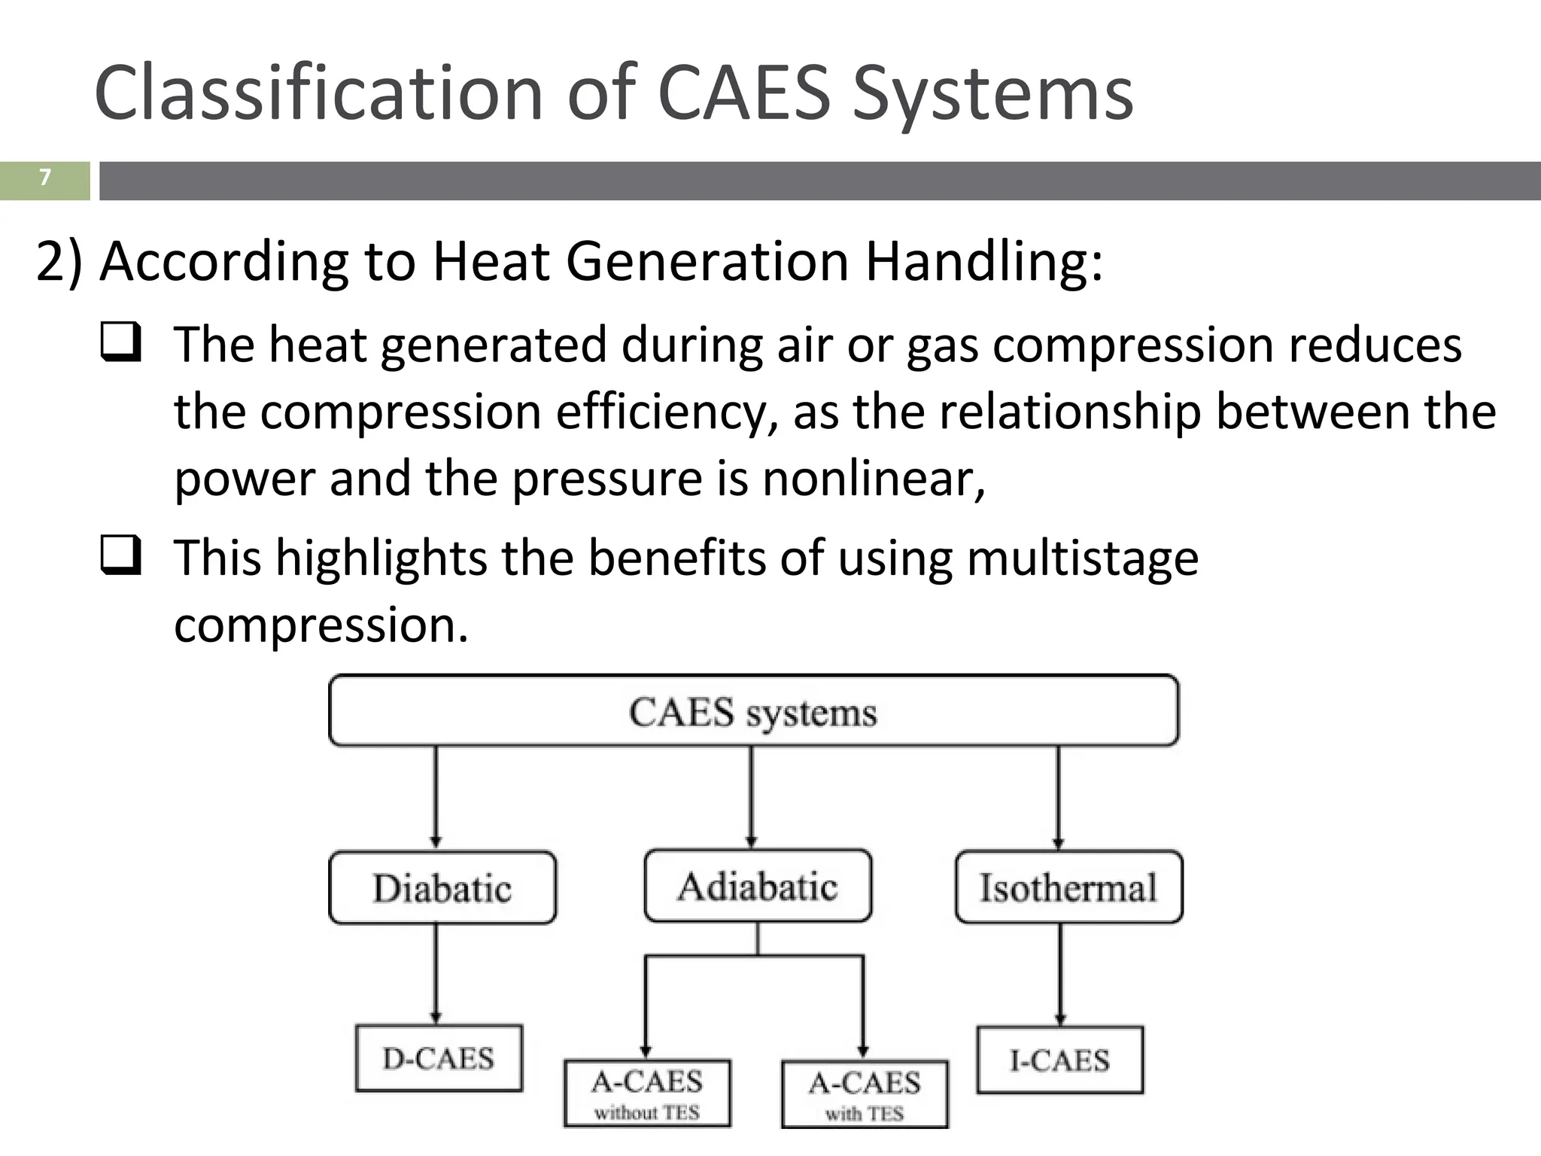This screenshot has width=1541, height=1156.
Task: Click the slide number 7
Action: (x=45, y=178)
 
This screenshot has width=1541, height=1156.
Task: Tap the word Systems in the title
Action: (x=992, y=93)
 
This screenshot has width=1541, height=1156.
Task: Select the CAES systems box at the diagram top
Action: (x=753, y=710)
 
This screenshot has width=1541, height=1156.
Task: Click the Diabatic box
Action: (x=442, y=888)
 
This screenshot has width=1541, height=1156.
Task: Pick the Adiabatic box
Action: (x=758, y=886)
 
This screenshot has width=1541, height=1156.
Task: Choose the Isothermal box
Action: (x=1068, y=887)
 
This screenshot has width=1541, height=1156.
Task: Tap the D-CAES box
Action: (x=439, y=1058)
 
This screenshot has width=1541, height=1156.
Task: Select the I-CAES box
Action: (x=1059, y=1060)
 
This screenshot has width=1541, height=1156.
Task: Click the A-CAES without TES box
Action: (x=647, y=1094)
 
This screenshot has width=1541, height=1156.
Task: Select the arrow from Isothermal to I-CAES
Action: (x=1060, y=972)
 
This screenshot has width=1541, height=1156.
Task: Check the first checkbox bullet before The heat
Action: (x=120, y=342)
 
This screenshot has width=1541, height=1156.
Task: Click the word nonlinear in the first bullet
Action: (x=873, y=479)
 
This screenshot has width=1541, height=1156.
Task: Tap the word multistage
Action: (x=1083, y=558)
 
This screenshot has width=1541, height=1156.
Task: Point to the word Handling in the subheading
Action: (x=984, y=261)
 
